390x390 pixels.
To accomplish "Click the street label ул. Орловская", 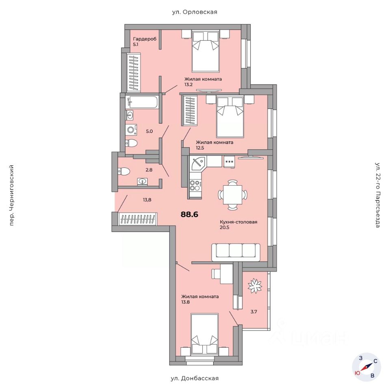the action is [x=195, y=12].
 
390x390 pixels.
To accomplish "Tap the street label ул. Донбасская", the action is [x=195, y=378].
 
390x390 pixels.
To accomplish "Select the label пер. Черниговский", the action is [x=11, y=195].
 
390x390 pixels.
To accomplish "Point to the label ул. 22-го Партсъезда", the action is [x=377, y=195].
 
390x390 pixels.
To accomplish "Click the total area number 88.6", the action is [x=189, y=214].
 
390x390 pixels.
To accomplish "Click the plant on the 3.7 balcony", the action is [x=255, y=286].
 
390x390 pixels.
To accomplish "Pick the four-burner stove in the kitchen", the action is [x=195, y=185].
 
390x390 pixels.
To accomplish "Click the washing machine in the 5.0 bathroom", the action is [x=131, y=130].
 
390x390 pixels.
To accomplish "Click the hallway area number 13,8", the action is [x=147, y=199].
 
